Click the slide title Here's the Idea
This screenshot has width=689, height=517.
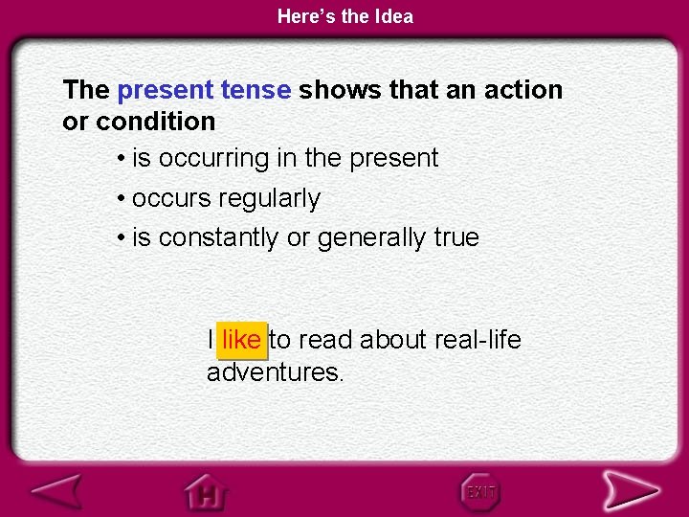click(344, 16)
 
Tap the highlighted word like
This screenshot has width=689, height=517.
click(241, 340)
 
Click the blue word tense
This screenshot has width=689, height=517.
click(256, 90)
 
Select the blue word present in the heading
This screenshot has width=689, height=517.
click(164, 90)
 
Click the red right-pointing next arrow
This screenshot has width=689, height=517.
click(631, 491)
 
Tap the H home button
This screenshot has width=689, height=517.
click(206, 492)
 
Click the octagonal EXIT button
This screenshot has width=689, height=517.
click(480, 492)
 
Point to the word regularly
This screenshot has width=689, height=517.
click(269, 199)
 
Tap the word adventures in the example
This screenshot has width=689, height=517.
click(274, 372)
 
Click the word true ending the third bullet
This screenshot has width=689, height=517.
click(456, 237)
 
